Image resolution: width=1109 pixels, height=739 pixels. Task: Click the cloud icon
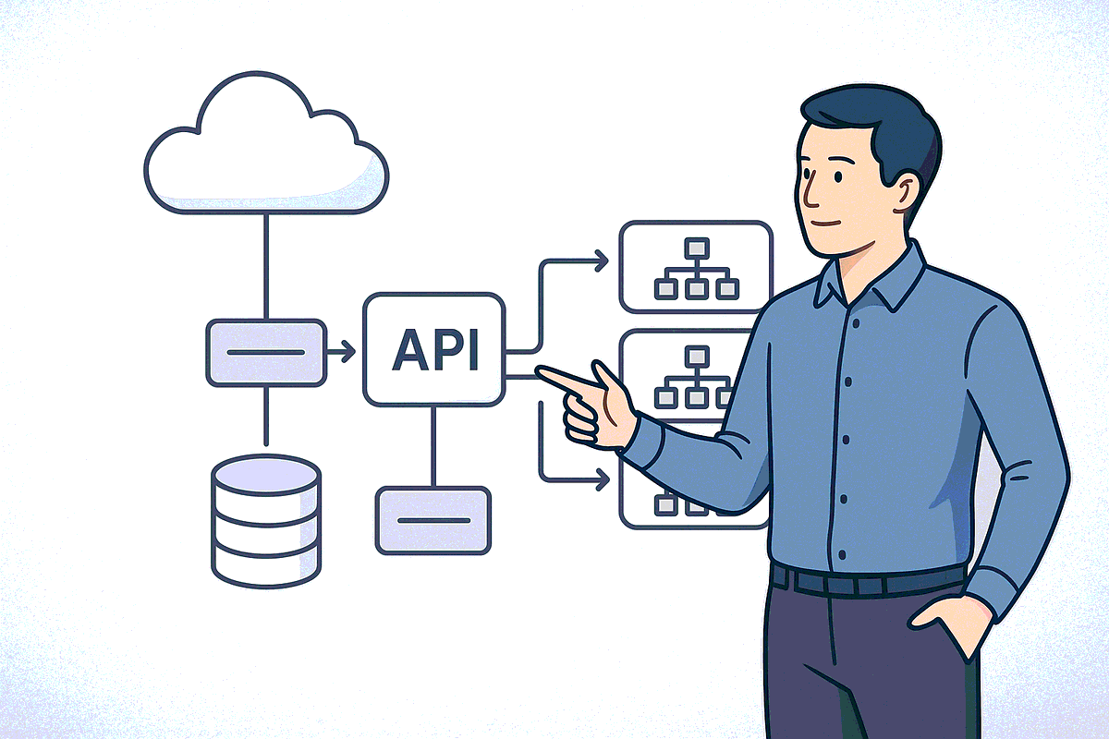[266, 143]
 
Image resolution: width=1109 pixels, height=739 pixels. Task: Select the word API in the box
[435, 350]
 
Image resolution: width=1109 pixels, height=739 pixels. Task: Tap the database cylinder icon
[266, 521]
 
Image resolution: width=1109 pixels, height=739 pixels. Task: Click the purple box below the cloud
[266, 353]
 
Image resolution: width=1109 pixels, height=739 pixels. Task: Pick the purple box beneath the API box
[433, 521]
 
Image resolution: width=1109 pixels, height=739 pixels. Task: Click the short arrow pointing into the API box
[342, 352]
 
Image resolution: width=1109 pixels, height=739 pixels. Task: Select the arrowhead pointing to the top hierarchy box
[602, 260]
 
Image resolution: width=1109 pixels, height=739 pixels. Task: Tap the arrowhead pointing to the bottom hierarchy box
[603, 479]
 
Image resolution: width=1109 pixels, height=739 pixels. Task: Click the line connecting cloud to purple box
[266, 267]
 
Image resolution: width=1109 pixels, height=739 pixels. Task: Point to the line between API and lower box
[433, 446]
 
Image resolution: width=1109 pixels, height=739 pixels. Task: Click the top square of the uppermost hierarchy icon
[697, 248]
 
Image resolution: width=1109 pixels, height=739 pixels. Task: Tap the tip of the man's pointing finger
[538, 369]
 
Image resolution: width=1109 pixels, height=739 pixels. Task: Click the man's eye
[838, 176]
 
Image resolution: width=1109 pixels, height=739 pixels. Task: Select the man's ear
[905, 193]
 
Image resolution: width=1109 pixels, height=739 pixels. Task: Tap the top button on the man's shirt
[856, 323]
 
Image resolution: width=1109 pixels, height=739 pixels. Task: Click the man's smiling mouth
[828, 224]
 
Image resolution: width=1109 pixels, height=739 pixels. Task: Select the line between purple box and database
[266, 416]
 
